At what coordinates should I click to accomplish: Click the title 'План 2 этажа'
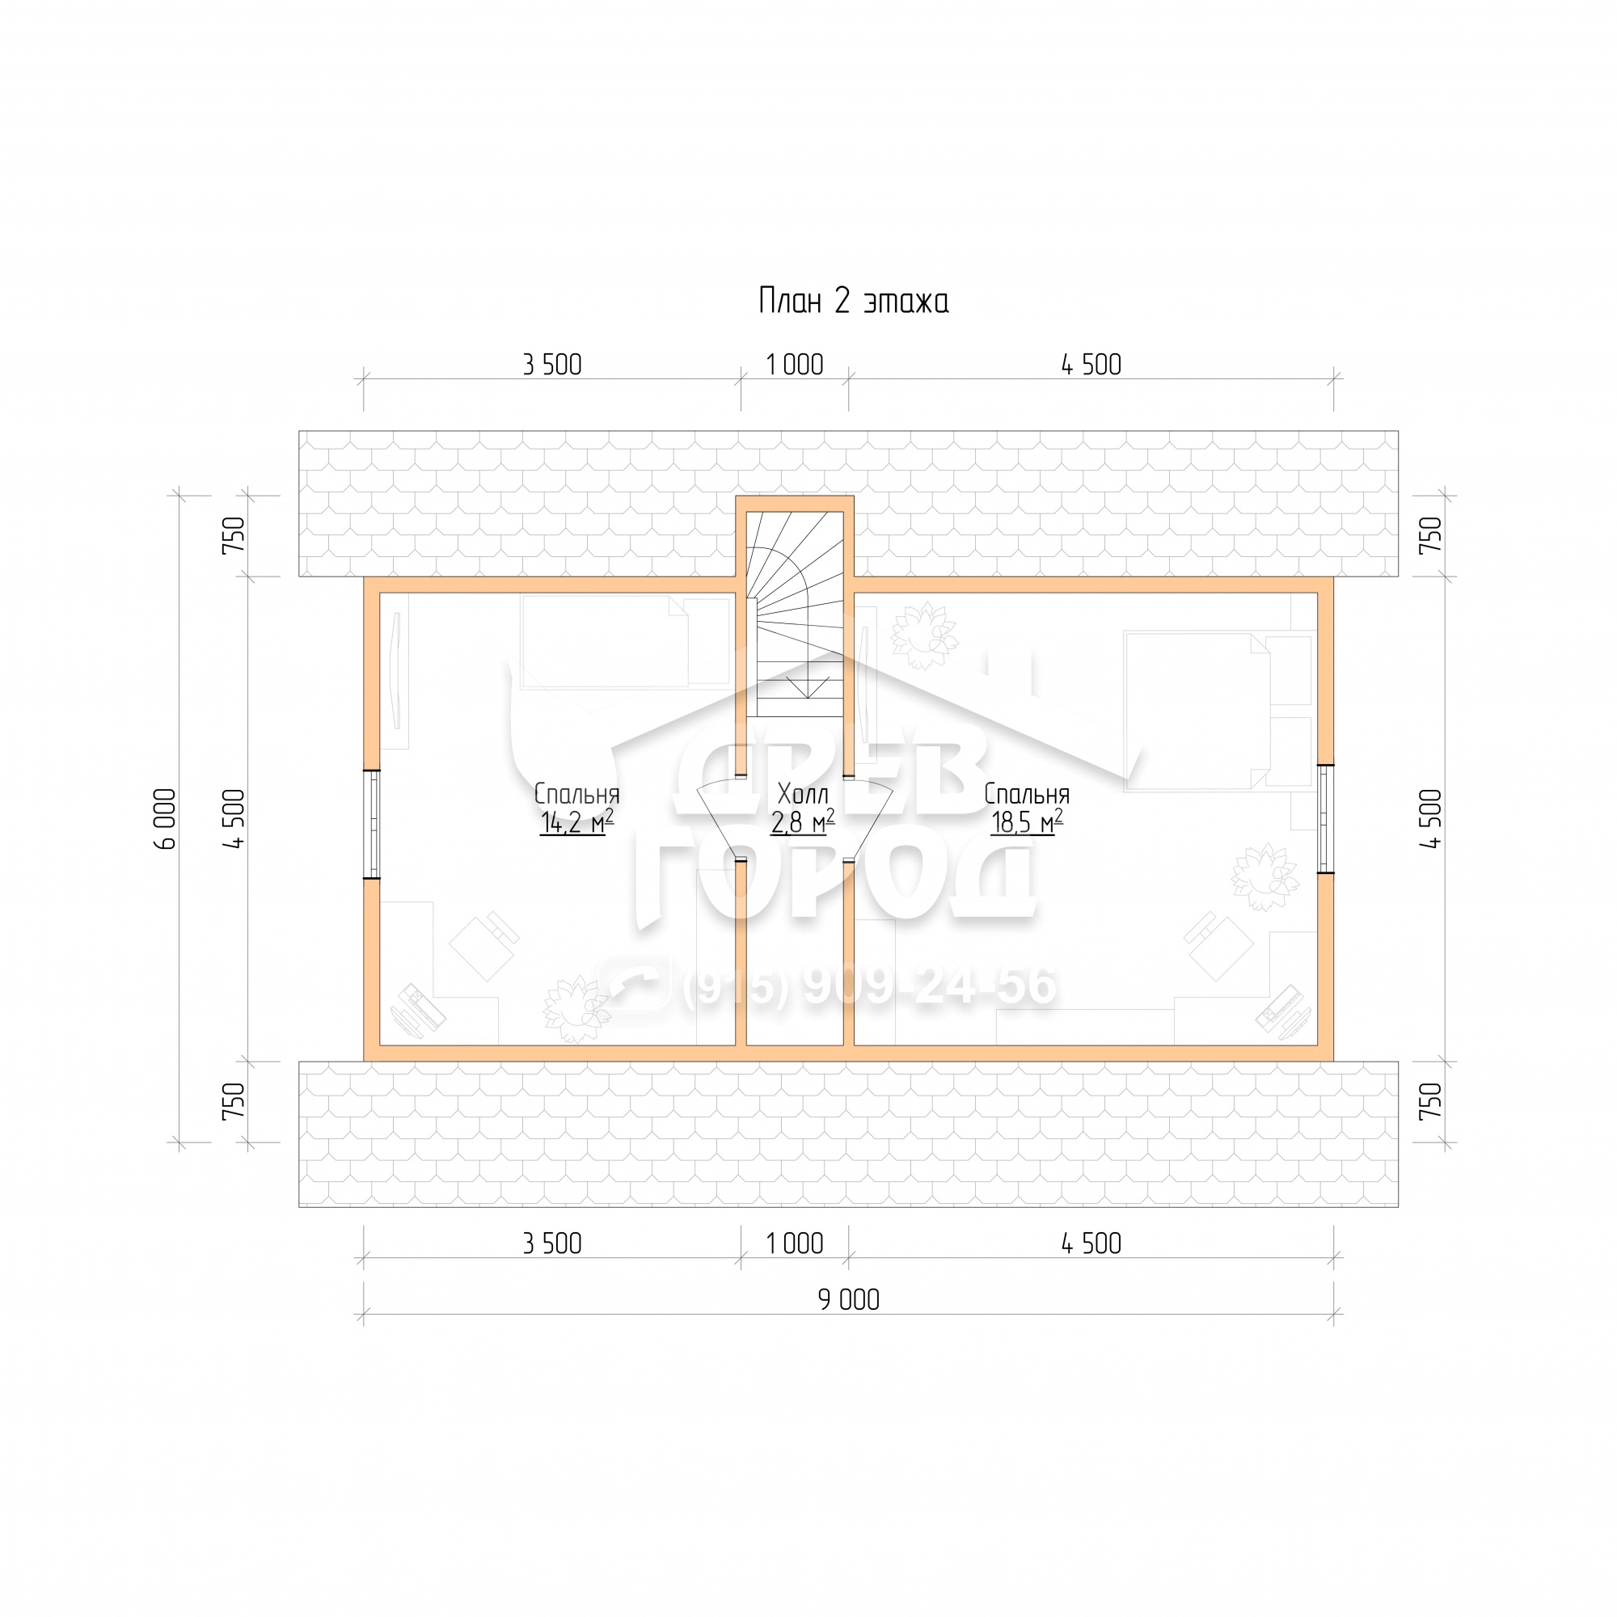coord(853,302)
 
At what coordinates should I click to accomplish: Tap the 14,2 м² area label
coord(576,823)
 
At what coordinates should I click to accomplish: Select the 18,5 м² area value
coord(1026,823)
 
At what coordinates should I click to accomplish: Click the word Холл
coord(803,793)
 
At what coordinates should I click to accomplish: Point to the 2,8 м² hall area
coord(803,823)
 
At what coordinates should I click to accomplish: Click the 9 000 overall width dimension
coord(849,1300)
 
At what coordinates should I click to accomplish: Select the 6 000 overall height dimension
coord(167,819)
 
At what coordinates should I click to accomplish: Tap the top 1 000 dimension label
coord(794,365)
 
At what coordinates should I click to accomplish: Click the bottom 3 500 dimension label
coord(551,1243)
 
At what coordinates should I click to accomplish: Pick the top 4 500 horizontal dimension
coord(1091,365)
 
